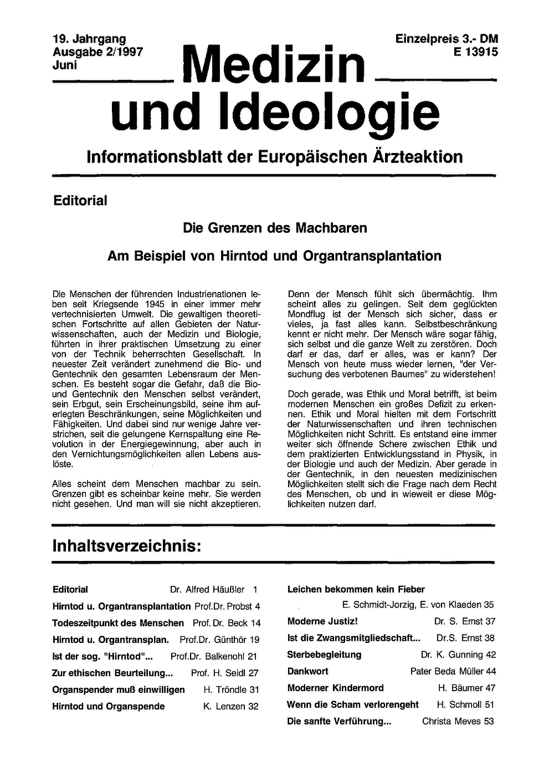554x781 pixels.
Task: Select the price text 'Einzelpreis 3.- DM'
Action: tap(447, 39)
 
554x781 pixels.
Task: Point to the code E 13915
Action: tap(475, 52)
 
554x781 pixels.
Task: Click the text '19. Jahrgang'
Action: tap(89, 39)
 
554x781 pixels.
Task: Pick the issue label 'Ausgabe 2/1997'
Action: tap(98, 52)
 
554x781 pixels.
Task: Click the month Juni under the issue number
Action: tap(64, 64)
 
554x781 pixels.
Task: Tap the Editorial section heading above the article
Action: tap(80, 201)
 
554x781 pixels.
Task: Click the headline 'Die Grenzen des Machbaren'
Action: tap(275, 228)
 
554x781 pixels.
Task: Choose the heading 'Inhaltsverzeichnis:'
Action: tap(126, 545)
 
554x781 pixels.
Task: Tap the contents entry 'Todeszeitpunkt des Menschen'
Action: tap(118, 623)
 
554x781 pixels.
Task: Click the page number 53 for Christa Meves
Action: tap(488, 721)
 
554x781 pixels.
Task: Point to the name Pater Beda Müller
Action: tap(447, 671)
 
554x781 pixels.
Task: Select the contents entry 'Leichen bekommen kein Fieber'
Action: tap(356, 590)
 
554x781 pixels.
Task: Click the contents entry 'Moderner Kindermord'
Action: tap(335, 688)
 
